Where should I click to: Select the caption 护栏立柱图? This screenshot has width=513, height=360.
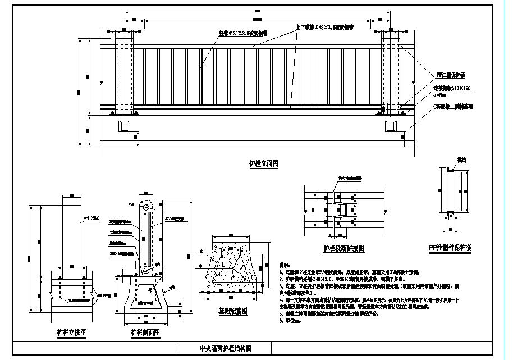(x=72, y=332)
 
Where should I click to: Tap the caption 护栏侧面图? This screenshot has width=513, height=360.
(x=145, y=332)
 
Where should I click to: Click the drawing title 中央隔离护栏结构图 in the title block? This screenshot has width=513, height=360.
(x=226, y=348)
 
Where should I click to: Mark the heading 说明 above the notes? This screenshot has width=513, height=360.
(x=285, y=264)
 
